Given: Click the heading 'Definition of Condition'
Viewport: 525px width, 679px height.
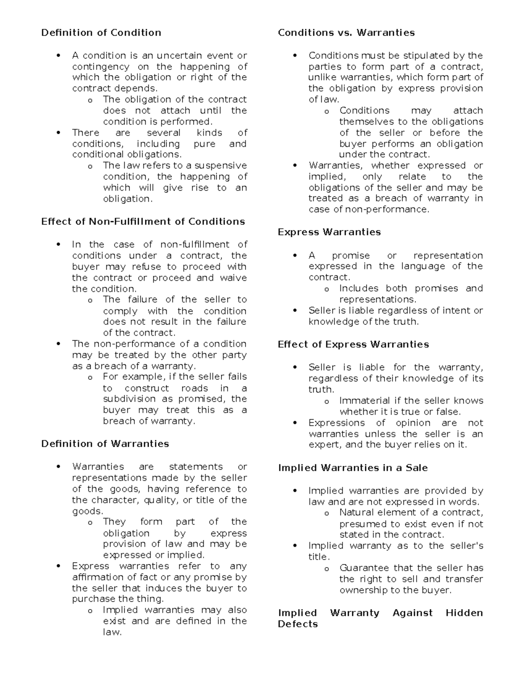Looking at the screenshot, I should (101, 33).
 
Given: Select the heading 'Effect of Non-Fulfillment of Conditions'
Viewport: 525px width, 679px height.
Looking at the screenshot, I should (143, 222).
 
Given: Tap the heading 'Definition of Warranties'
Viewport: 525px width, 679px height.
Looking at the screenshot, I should (105, 444).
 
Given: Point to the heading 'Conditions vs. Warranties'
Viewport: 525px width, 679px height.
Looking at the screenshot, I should (346, 33).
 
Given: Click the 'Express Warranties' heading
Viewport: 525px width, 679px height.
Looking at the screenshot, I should (329, 232).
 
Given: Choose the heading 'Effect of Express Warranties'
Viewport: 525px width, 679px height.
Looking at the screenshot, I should (353, 345).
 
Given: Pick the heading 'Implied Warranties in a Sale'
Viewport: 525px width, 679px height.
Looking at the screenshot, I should (353, 468).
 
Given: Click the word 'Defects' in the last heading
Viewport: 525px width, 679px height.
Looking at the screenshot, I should (297, 624).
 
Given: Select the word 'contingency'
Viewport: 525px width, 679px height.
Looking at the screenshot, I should (101, 67).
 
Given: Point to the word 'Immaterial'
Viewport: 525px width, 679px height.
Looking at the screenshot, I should (364, 401).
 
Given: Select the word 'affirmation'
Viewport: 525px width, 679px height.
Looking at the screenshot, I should (96, 577).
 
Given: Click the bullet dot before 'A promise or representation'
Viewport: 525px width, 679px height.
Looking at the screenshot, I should (295, 256).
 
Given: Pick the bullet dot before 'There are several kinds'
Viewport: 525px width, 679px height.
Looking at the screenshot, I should (59, 133).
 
